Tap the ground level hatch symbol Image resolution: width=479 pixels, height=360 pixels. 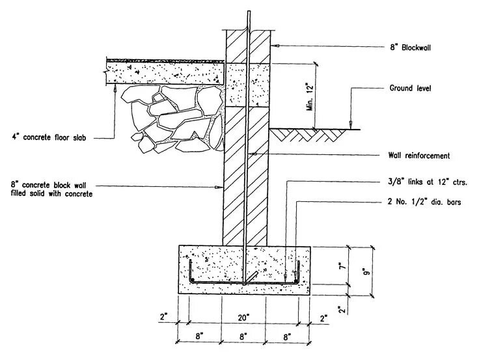306,133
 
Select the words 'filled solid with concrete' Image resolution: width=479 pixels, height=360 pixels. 52,194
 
